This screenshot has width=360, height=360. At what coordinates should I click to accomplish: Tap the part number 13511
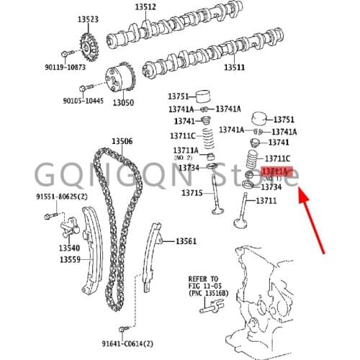[x=232, y=67]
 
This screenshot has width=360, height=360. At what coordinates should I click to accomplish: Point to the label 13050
[x=122, y=103]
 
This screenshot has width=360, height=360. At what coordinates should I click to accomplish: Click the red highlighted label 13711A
[x=274, y=171]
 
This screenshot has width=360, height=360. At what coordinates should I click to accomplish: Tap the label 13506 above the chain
[x=122, y=141]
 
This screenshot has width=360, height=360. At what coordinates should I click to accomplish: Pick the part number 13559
[x=70, y=259]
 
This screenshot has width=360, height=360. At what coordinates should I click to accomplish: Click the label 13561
[x=185, y=240]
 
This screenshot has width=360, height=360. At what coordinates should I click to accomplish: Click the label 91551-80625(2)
[x=61, y=196]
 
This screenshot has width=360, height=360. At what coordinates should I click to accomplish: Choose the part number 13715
[x=192, y=193]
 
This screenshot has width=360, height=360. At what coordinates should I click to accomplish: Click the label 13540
[x=70, y=248]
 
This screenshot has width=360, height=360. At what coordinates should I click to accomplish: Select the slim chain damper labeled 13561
[x=153, y=252]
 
